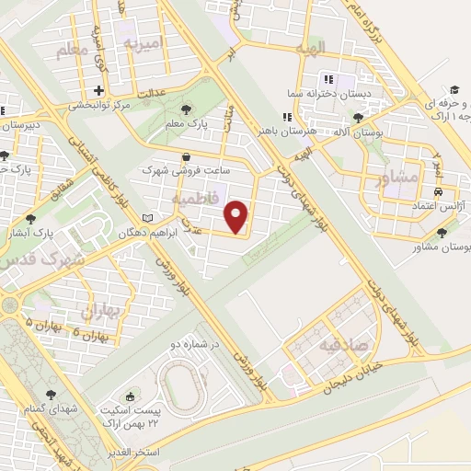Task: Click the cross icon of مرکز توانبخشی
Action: (98, 90)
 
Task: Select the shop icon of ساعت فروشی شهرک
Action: (187, 156)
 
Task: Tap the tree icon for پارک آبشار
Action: (32, 219)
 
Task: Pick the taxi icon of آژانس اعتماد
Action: (437, 190)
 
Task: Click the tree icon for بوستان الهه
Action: (357, 118)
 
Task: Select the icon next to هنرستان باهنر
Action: (287, 117)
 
